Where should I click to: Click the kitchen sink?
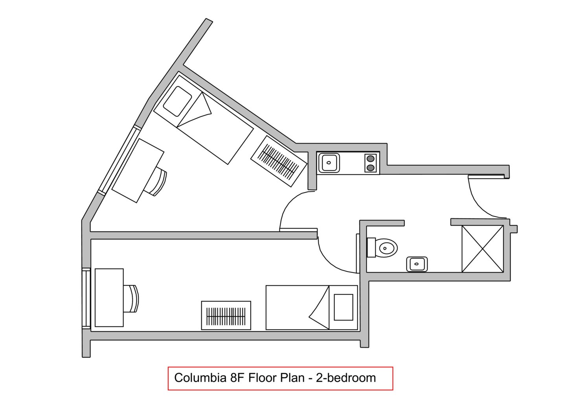329,163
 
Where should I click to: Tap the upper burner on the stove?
371,159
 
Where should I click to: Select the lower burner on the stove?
371,168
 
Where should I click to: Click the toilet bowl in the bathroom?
388,247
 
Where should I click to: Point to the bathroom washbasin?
417,264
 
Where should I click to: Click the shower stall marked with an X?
483,249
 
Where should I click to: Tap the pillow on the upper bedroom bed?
178,101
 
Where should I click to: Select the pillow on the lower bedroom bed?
343,307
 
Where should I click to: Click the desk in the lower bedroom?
109,297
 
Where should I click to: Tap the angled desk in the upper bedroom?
138,170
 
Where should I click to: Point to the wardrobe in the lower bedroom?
226,315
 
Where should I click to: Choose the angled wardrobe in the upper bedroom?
279,161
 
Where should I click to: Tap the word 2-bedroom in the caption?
346,378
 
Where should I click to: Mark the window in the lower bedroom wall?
86,299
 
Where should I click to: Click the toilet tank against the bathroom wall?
371,247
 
